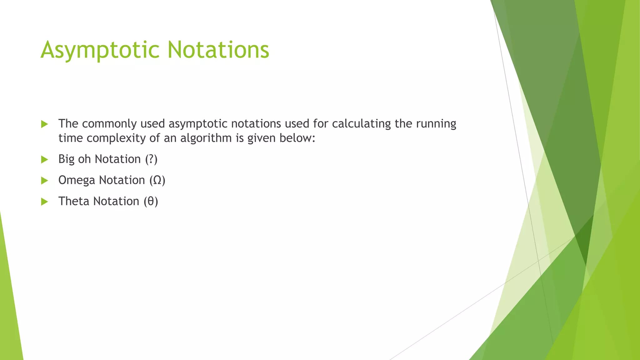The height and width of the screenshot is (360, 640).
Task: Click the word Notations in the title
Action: point(218,50)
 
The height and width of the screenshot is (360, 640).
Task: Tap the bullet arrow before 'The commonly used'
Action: point(44,124)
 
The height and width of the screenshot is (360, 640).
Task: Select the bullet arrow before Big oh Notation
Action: point(44,160)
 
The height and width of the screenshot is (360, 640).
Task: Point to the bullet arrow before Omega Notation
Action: point(44,181)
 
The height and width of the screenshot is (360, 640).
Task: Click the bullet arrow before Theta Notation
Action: point(44,202)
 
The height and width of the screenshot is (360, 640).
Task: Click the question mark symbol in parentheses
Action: point(151,159)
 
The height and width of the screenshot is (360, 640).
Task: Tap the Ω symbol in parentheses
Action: point(157,180)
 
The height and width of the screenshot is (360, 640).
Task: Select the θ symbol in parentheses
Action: point(151,201)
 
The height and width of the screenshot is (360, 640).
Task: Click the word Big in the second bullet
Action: point(66,159)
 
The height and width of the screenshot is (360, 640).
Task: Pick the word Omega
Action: point(77,181)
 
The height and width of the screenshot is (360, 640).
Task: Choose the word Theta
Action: point(74,201)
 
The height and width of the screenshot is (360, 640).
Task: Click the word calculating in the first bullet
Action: point(361,124)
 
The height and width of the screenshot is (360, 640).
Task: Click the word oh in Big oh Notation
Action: point(84,159)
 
